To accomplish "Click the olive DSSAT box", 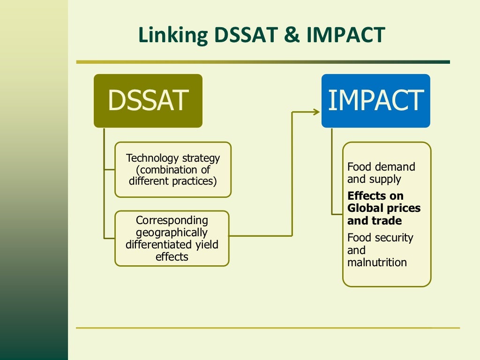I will coord(148,100).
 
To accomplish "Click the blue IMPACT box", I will coord(375,100).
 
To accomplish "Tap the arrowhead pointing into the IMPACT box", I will coord(316,112).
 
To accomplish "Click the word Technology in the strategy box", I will coord(150,158).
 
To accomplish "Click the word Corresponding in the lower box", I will coord(172,220).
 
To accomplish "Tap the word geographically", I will coord(172,232).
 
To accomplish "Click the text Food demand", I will coord(381,167).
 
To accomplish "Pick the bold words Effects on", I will coord(375,196).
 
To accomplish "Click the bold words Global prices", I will coord(384,208).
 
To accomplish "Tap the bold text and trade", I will coord(374,220).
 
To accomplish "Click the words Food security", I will coord(380,238).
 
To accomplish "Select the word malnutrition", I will coord(377,262).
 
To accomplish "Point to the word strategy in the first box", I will coord(201,158).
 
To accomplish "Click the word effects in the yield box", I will coord(172,257).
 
